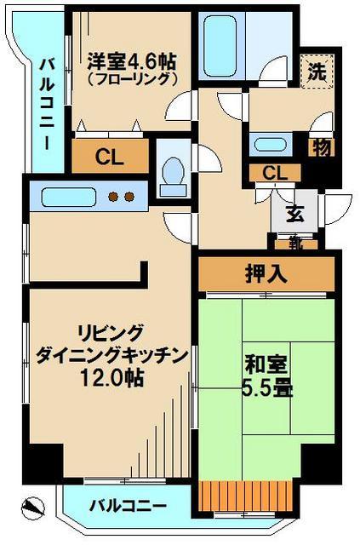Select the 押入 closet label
(x=266, y=274)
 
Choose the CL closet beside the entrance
(x=274, y=173)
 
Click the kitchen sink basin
(x=66, y=198)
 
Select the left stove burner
(x=111, y=198)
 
